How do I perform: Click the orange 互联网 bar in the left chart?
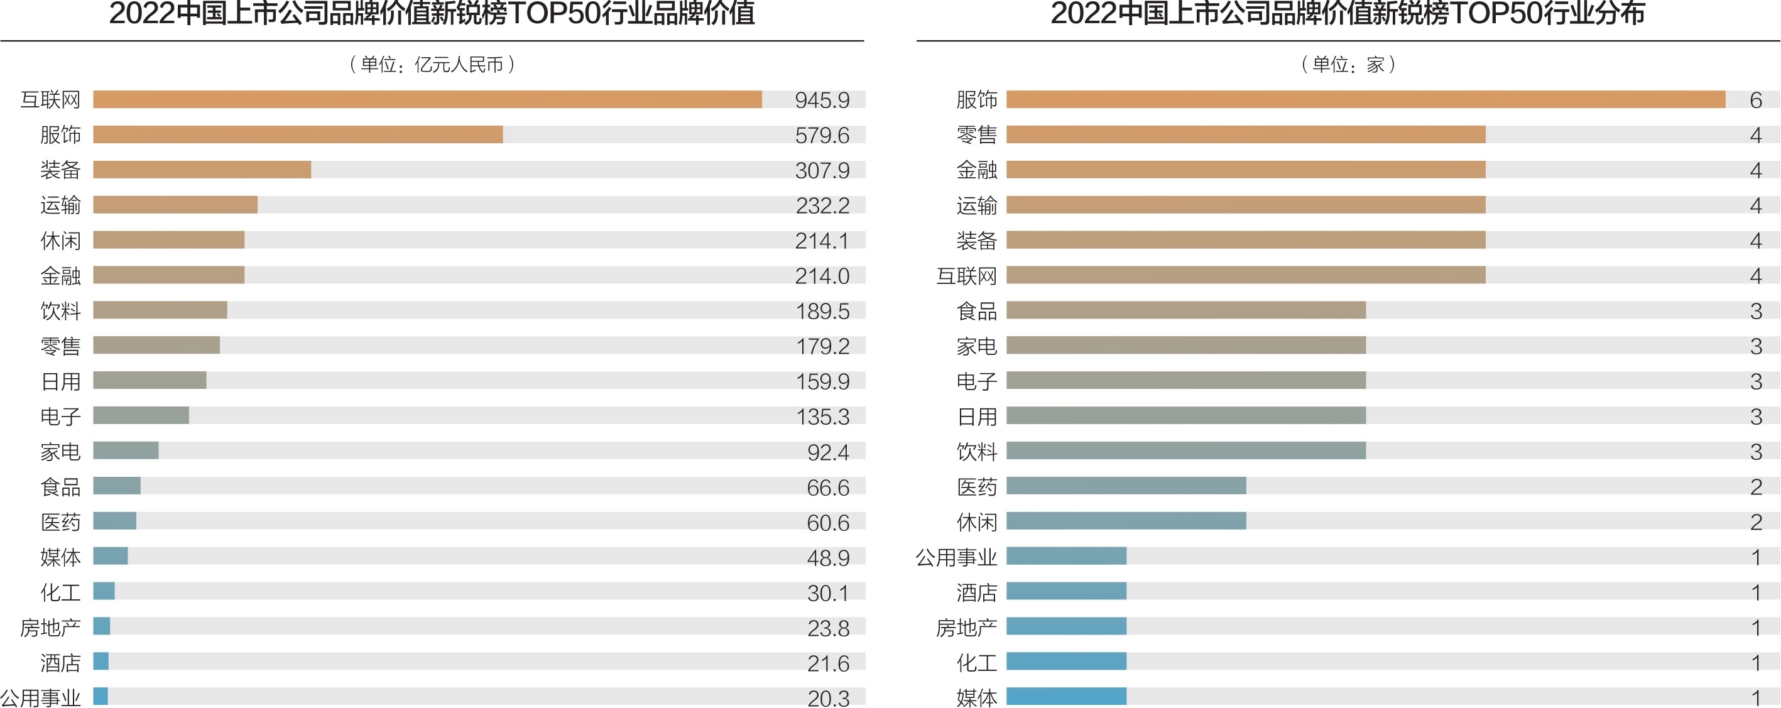[427, 99]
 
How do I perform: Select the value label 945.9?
[822, 101]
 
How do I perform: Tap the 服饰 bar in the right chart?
[1366, 99]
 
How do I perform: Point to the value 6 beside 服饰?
[1755, 101]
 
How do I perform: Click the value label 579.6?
[822, 136]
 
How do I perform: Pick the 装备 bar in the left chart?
[202, 170]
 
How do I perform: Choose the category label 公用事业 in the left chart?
[41, 697]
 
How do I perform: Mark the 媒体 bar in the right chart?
[1066, 696]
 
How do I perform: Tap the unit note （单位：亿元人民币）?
[432, 65]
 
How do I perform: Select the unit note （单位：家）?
[1348, 65]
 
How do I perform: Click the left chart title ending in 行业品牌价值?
[432, 14]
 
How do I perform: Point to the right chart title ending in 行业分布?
[1348, 14]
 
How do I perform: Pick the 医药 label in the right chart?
[976, 487]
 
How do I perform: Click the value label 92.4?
[828, 452]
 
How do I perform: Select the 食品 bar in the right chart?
[1185, 310]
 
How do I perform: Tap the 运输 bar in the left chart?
[175, 205]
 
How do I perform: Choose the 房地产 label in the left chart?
[50, 628]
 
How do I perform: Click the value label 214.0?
[822, 276]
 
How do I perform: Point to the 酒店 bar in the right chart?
[1066, 591]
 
